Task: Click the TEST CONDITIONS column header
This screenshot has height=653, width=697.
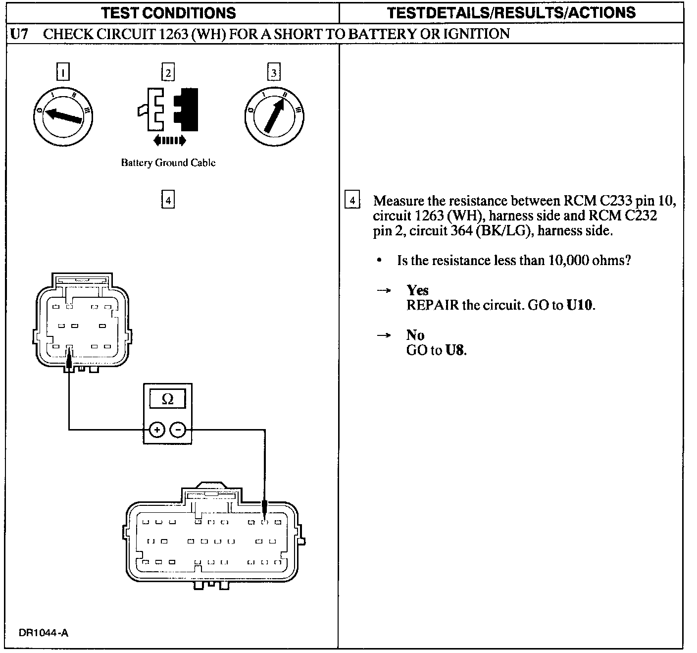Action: tap(169, 12)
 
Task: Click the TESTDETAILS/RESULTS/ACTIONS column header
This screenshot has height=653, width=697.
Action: tap(511, 12)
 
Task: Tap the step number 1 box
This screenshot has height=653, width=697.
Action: tap(63, 72)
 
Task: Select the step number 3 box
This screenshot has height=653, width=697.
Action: tap(274, 72)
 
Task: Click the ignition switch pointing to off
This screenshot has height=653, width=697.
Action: tap(63, 115)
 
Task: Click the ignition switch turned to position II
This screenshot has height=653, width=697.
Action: tap(274, 116)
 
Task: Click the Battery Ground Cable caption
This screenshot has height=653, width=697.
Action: tap(168, 163)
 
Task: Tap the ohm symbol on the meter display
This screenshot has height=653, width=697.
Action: tap(168, 399)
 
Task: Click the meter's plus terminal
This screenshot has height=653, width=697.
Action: tap(157, 430)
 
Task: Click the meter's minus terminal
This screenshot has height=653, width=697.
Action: tap(178, 430)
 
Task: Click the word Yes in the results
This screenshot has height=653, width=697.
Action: tap(417, 290)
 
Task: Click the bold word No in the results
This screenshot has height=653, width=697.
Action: tap(415, 335)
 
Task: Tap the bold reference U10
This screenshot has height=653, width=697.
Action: tap(579, 305)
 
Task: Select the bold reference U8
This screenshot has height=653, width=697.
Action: tap(455, 350)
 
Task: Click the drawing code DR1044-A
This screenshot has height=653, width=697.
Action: tap(44, 633)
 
